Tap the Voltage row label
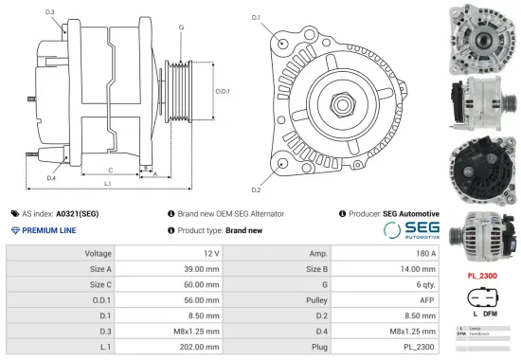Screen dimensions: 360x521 99,254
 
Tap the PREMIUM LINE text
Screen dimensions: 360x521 53,230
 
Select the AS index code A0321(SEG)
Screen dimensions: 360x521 77,214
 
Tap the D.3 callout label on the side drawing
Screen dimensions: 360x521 49,12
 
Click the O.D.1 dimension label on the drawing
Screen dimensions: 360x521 222,90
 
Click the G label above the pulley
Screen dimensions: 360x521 181,27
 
